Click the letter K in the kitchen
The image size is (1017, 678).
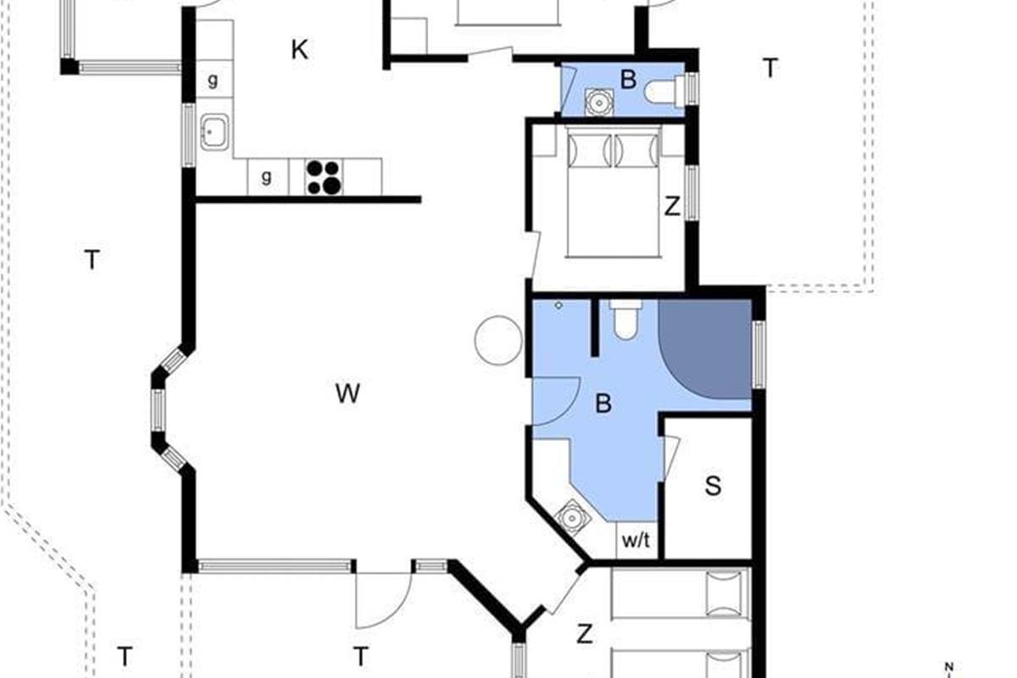tap(300, 50)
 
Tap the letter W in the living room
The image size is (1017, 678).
tap(347, 393)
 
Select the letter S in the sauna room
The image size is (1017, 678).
tap(714, 486)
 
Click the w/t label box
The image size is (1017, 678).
tap(636, 541)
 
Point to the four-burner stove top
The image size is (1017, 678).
tap(323, 177)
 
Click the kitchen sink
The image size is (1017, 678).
tap(214, 132)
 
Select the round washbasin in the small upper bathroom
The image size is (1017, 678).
tap(599, 103)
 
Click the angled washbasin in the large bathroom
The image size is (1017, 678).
tap(573, 518)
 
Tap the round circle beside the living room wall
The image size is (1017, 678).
tap(498, 340)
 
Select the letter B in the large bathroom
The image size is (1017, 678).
tap(603, 403)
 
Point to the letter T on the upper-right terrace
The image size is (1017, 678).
tap(770, 68)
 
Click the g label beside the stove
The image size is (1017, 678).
tap(266, 176)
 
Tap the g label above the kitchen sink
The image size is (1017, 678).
tap(213, 81)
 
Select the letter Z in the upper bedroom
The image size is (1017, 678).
tap(672, 206)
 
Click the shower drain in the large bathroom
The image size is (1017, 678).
tap(559, 306)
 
